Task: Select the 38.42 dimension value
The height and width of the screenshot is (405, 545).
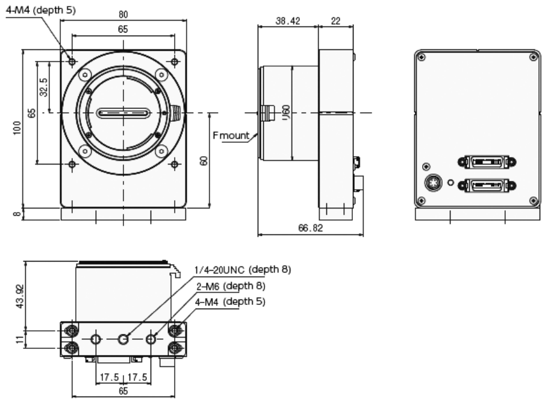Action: (287, 20)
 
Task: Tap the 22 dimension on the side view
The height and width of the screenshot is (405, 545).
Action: (335, 20)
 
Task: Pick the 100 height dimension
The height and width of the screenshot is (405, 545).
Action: (18, 128)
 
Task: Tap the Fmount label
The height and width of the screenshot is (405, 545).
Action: (231, 135)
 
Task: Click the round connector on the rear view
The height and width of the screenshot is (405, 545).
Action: (433, 182)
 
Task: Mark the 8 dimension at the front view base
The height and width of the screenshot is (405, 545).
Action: (18, 213)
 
